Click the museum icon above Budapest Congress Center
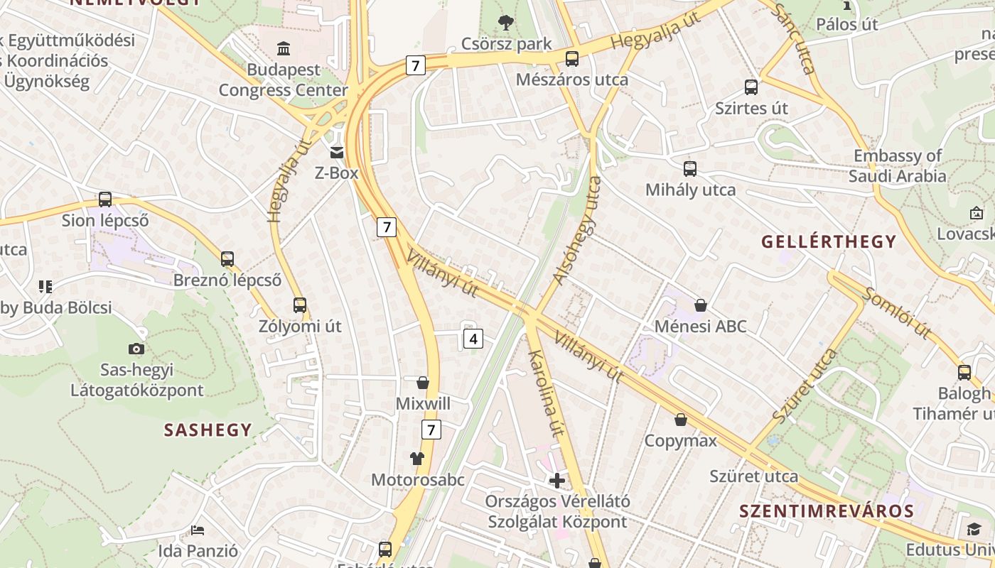point(284,48)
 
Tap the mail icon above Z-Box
point(337,152)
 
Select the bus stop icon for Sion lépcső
point(105,200)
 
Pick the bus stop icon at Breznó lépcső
point(227,259)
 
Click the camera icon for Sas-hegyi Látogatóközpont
point(136,349)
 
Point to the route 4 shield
point(473,339)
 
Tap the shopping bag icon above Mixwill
point(423,383)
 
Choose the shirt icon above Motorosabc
point(416,459)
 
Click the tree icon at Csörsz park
point(506,23)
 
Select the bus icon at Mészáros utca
point(572,59)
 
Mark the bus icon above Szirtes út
point(751,87)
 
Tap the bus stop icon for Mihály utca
point(690,169)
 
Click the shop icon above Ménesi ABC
point(701,306)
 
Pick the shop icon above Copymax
point(681,420)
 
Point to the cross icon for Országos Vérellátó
point(557,481)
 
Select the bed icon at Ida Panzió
point(198,530)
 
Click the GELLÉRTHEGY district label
point(829,242)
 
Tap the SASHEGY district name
point(208,430)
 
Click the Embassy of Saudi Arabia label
point(898,165)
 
